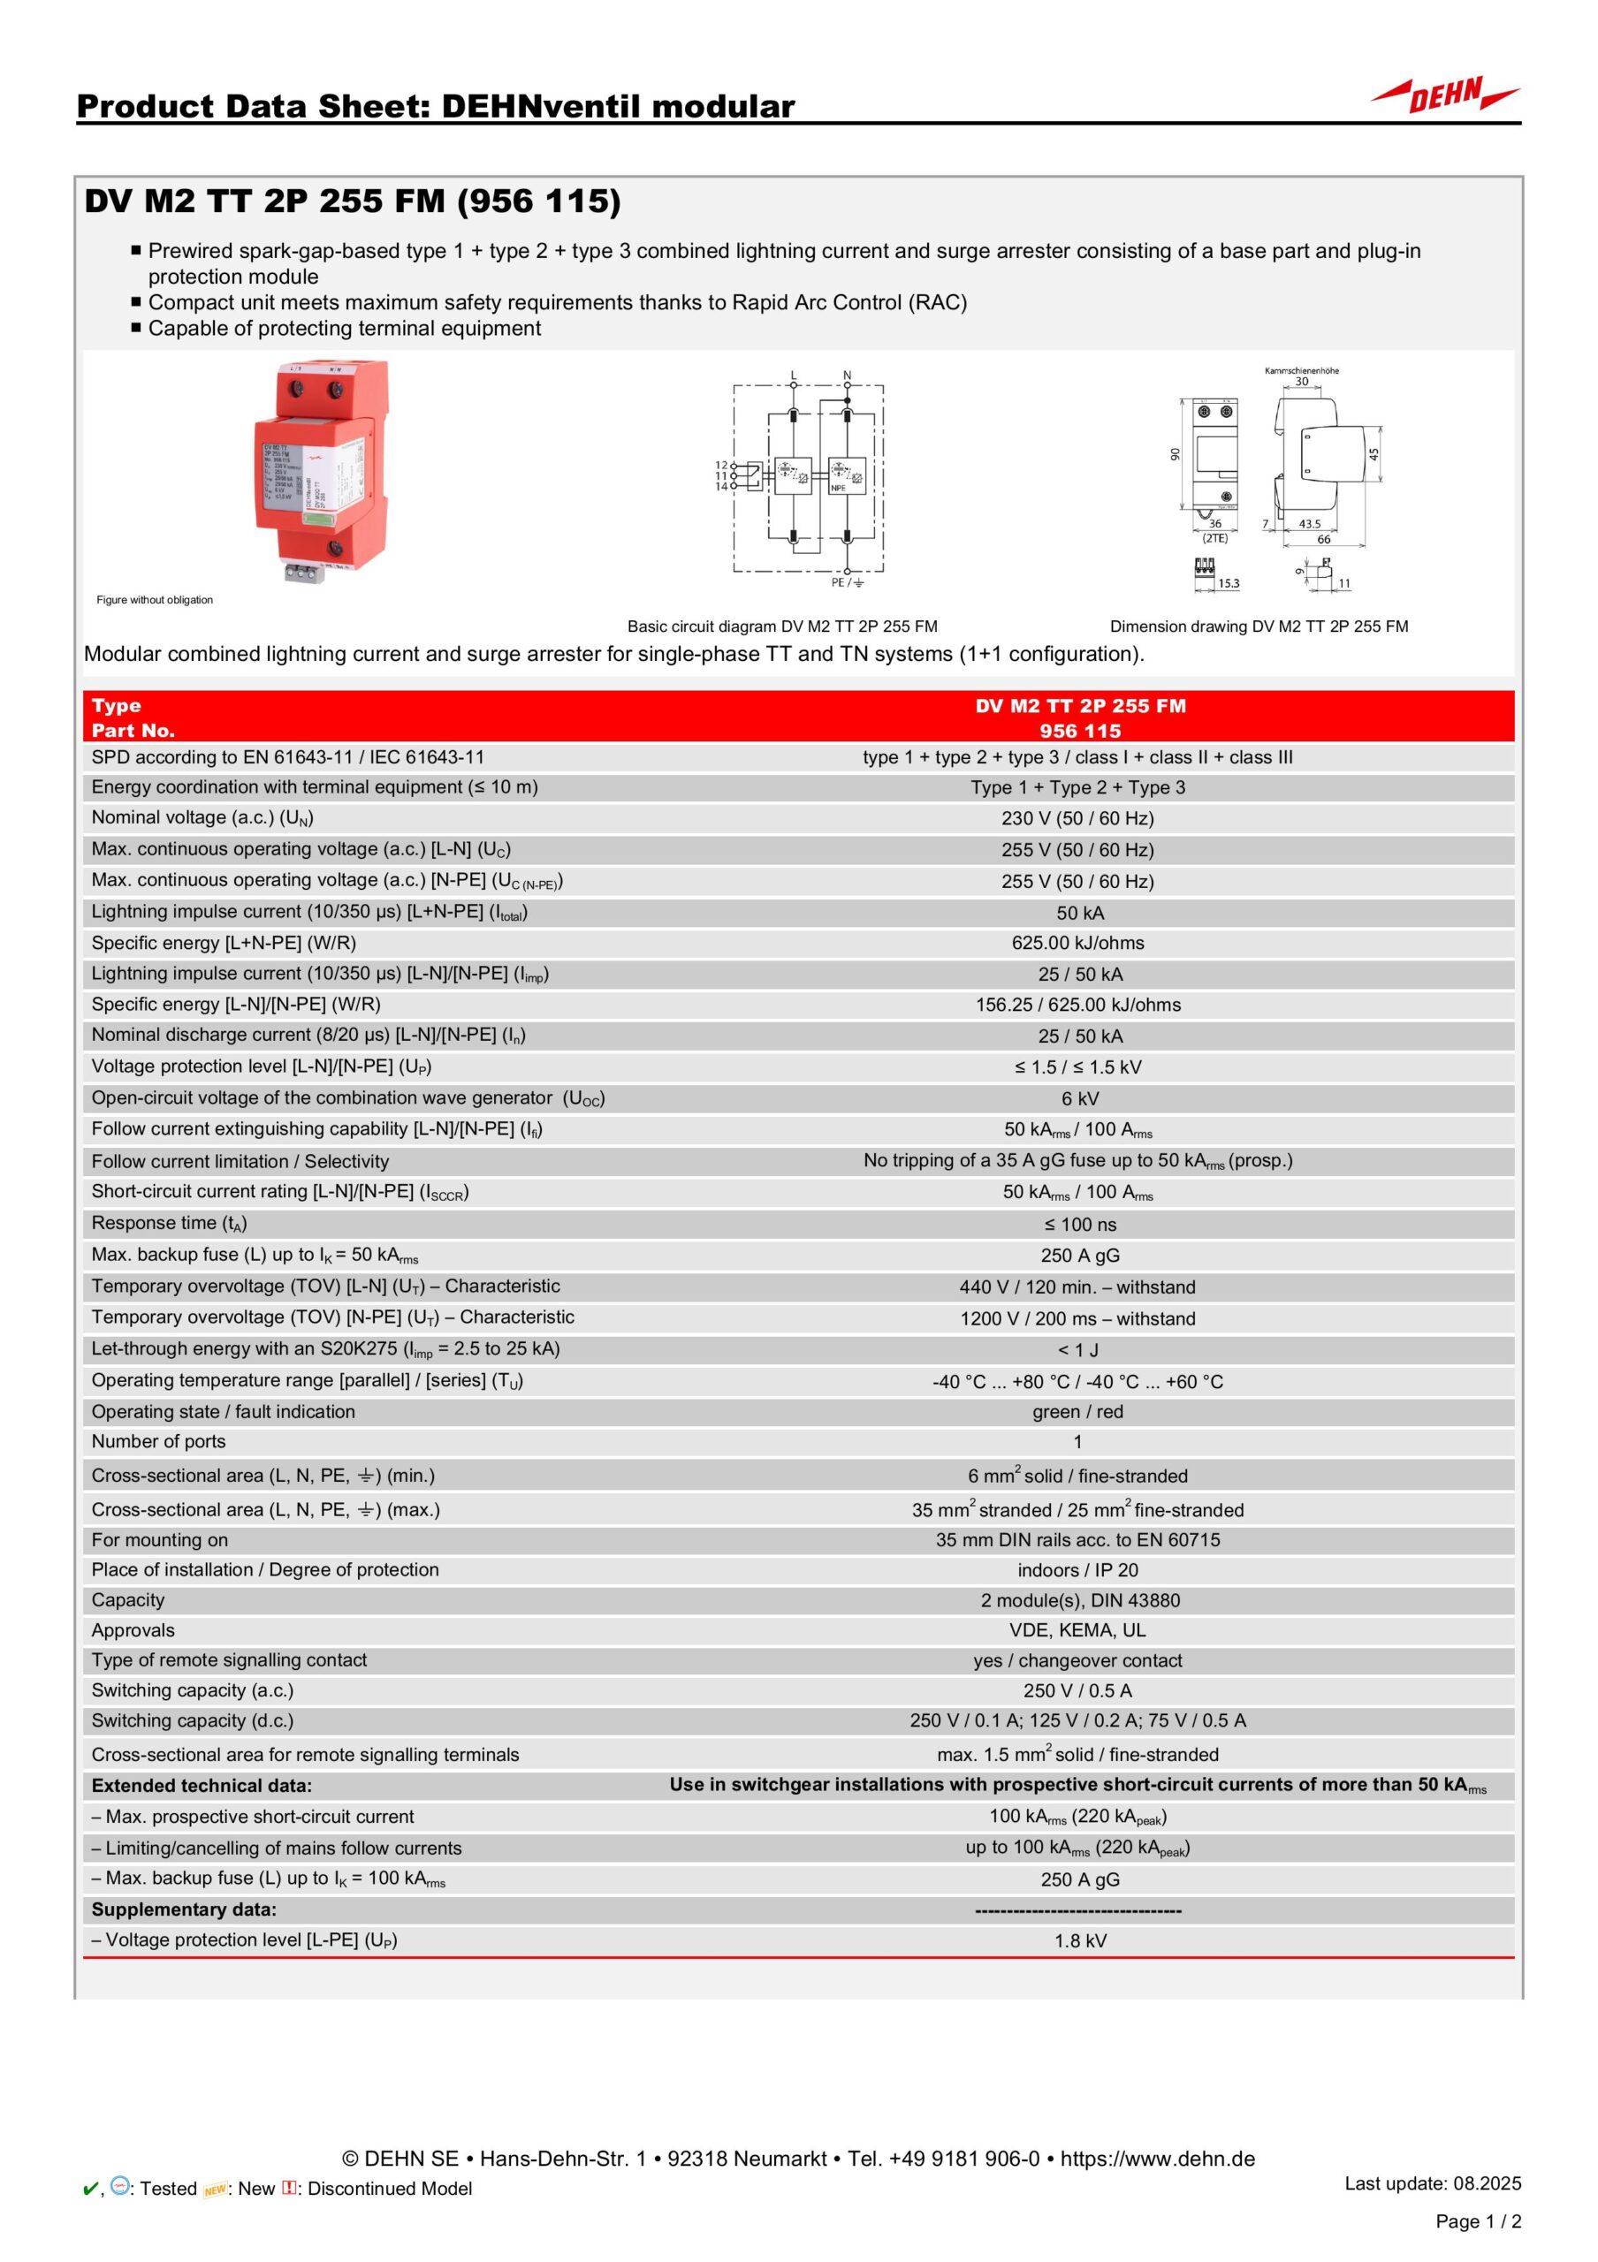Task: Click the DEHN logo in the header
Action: click(1444, 95)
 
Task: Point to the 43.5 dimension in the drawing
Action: click(1309, 523)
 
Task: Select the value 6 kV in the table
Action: click(1080, 1098)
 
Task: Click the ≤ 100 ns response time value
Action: click(1080, 1225)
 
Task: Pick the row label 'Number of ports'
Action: click(158, 1441)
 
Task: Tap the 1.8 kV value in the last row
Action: click(1080, 1941)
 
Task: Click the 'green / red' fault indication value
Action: click(1077, 1412)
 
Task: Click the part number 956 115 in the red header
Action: click(1080, 731)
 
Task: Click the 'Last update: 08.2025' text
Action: click(1433, 2183)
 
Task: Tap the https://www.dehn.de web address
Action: click(1158, 2159)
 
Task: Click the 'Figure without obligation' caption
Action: click(155, 600)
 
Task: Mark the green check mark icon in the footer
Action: click(88, 2189)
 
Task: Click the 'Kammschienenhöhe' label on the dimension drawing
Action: click(1301, 370)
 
